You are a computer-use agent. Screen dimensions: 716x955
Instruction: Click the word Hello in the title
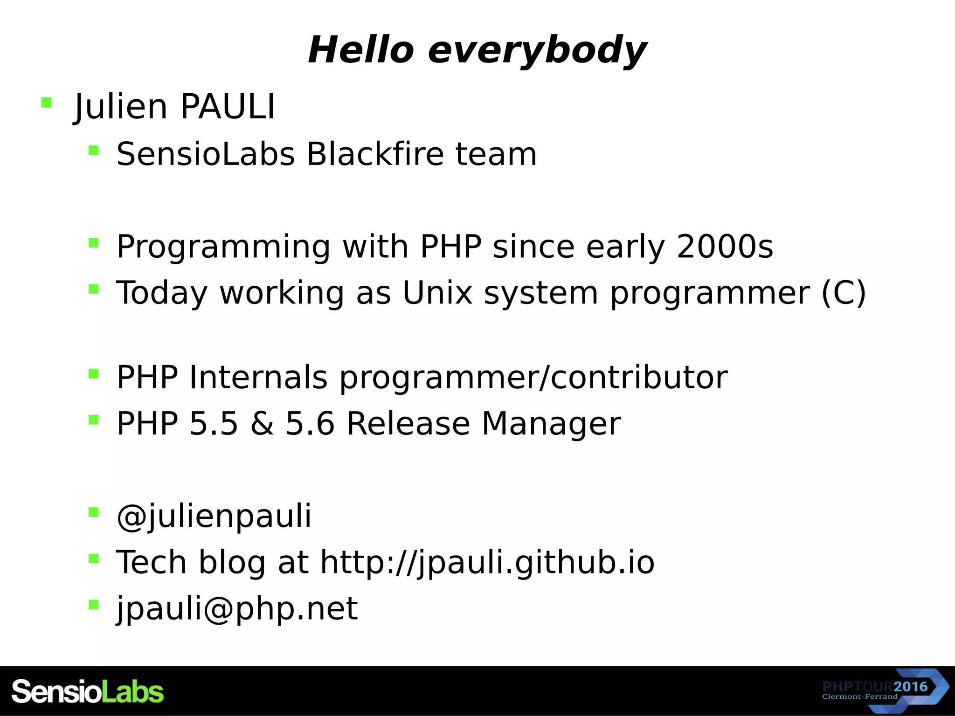click(x=360, y=49)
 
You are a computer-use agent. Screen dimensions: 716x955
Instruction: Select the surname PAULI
click(x=228, y=107)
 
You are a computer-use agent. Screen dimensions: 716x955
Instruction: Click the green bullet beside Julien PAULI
click(x=46, y=102)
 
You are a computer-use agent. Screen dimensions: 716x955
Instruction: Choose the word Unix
click(x=437, y=293)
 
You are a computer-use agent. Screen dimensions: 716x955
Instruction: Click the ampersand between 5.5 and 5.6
click(x=262, y=423)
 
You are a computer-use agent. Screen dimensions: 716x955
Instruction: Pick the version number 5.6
click(x=310, y=423)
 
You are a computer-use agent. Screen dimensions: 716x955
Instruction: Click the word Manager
click(x=551, y=423)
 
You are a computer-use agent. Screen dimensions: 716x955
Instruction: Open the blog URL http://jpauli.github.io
click(x=487, y=562)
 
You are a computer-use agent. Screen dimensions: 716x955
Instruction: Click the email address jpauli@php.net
click(x=237, y=608)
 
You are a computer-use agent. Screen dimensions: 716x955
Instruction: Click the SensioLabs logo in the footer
click(x=88, y=692)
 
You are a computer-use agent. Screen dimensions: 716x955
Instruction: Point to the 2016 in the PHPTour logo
click(x=910, y=686)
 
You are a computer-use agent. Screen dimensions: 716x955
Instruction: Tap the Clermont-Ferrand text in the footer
click(x=859, y=697)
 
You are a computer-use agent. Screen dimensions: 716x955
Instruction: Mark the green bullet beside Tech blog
click(x=93, y=558)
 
